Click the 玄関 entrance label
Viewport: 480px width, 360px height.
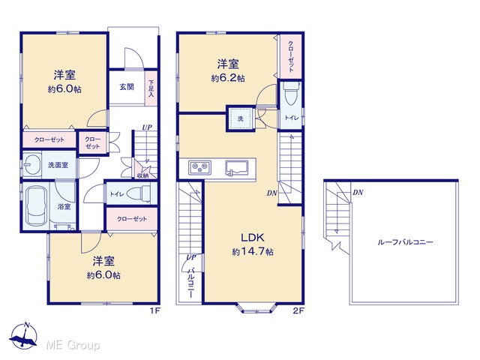click(x=127, y=87)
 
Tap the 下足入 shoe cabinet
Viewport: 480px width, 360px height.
click(x=151, y=88)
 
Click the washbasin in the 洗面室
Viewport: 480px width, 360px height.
click(x=32, y=164)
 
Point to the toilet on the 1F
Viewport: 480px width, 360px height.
click(x=138, y=193)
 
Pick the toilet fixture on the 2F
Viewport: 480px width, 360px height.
click(x=291, y=93)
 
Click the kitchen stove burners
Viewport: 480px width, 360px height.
click(x=199, y=167)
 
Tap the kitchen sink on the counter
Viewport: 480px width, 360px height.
click(x=237, y=168)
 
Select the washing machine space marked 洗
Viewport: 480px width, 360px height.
click(x=241, y=118)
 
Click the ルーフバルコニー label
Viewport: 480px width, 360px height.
click(x=405, y=242)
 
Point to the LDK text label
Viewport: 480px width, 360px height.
click(x=253, y=237)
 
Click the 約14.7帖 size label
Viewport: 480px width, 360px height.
click(x=253, y=252)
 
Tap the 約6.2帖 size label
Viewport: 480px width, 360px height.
click(x=228, y=78)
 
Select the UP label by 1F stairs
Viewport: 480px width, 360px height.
click(x=147, y=127)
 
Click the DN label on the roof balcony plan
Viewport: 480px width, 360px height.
click(x=358, y=193)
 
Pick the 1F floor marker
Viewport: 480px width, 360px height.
click(x=154, y=311)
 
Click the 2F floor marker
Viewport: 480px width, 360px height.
click(x=298, y=311)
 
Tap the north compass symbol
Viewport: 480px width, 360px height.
click(x=24, y=336)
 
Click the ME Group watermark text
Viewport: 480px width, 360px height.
click(x=73, y=345)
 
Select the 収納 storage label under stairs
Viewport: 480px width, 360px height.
click(x=142, y=175)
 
